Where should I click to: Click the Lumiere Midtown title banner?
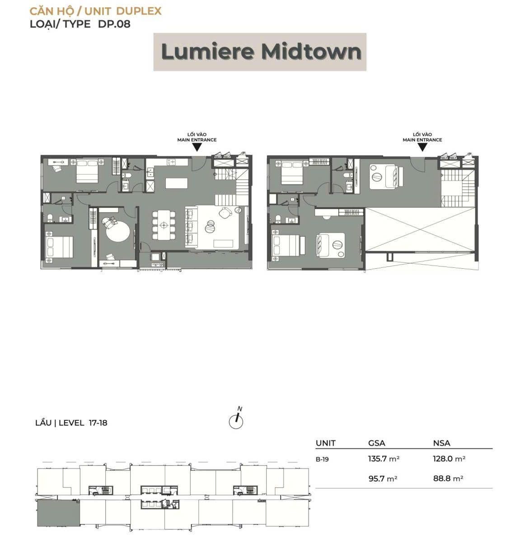point(260,52)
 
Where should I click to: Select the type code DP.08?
point(114,24)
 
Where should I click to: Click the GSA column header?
point(377,443)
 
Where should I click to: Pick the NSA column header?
point(441,443)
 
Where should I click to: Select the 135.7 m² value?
point(384,459)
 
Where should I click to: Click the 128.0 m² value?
point(449,459)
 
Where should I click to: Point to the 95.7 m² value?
point(383,479)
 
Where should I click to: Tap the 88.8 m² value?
point(448,479)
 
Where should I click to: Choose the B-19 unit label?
point(322,459)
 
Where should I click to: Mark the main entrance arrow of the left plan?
point(197,147)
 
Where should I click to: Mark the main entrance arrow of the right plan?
point(422,147)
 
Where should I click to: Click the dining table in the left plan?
point(164,225)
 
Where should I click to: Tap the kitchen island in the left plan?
point(177,183)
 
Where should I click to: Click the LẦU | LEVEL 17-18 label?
point(71,423)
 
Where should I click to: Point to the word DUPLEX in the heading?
point(139,11)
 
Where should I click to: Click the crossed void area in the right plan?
point(421,230)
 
